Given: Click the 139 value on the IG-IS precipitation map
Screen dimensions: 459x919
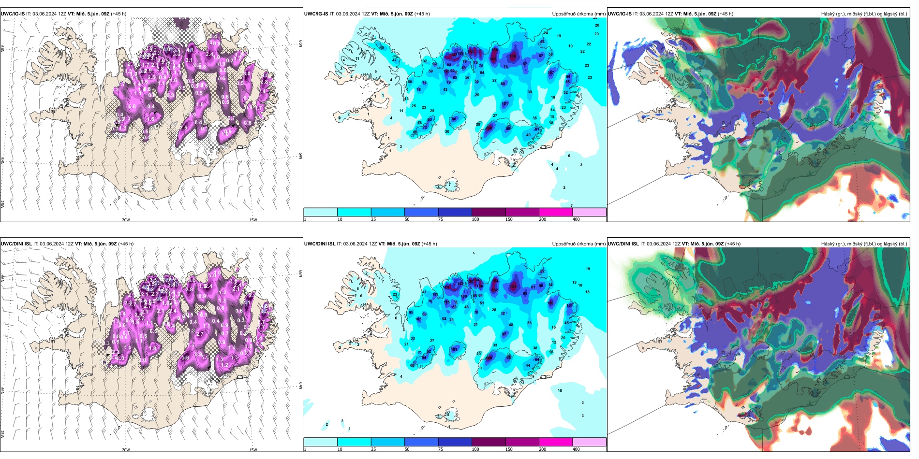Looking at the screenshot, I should (513, 56).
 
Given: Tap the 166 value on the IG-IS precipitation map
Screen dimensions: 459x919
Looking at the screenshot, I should (493, 59).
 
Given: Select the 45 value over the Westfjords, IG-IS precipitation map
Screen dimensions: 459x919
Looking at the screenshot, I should (382, 47).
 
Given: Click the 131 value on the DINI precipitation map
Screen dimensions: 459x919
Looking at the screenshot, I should (513, 286).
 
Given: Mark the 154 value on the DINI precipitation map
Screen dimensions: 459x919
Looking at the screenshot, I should (495, 280).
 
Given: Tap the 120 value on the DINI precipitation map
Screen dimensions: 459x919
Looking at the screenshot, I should (550, 303).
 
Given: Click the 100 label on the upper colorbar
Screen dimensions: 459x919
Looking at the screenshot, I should (475, 219).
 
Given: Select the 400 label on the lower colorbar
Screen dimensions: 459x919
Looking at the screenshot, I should (576, 449).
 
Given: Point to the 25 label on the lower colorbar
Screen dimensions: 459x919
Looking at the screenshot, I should (373, 449).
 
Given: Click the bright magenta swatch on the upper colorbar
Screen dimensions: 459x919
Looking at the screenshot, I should (556, 212).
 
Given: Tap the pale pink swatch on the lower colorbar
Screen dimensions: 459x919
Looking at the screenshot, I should (589, 442).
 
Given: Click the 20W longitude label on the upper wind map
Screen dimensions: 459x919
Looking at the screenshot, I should (126, 220).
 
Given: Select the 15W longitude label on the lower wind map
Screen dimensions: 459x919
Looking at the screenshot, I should (253, 450).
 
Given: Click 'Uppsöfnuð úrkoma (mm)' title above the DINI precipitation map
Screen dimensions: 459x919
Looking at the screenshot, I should (578, 244).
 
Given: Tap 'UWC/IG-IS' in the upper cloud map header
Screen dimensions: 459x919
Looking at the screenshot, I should (620, 14).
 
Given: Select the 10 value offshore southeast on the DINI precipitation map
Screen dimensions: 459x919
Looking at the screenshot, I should (560, 390).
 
